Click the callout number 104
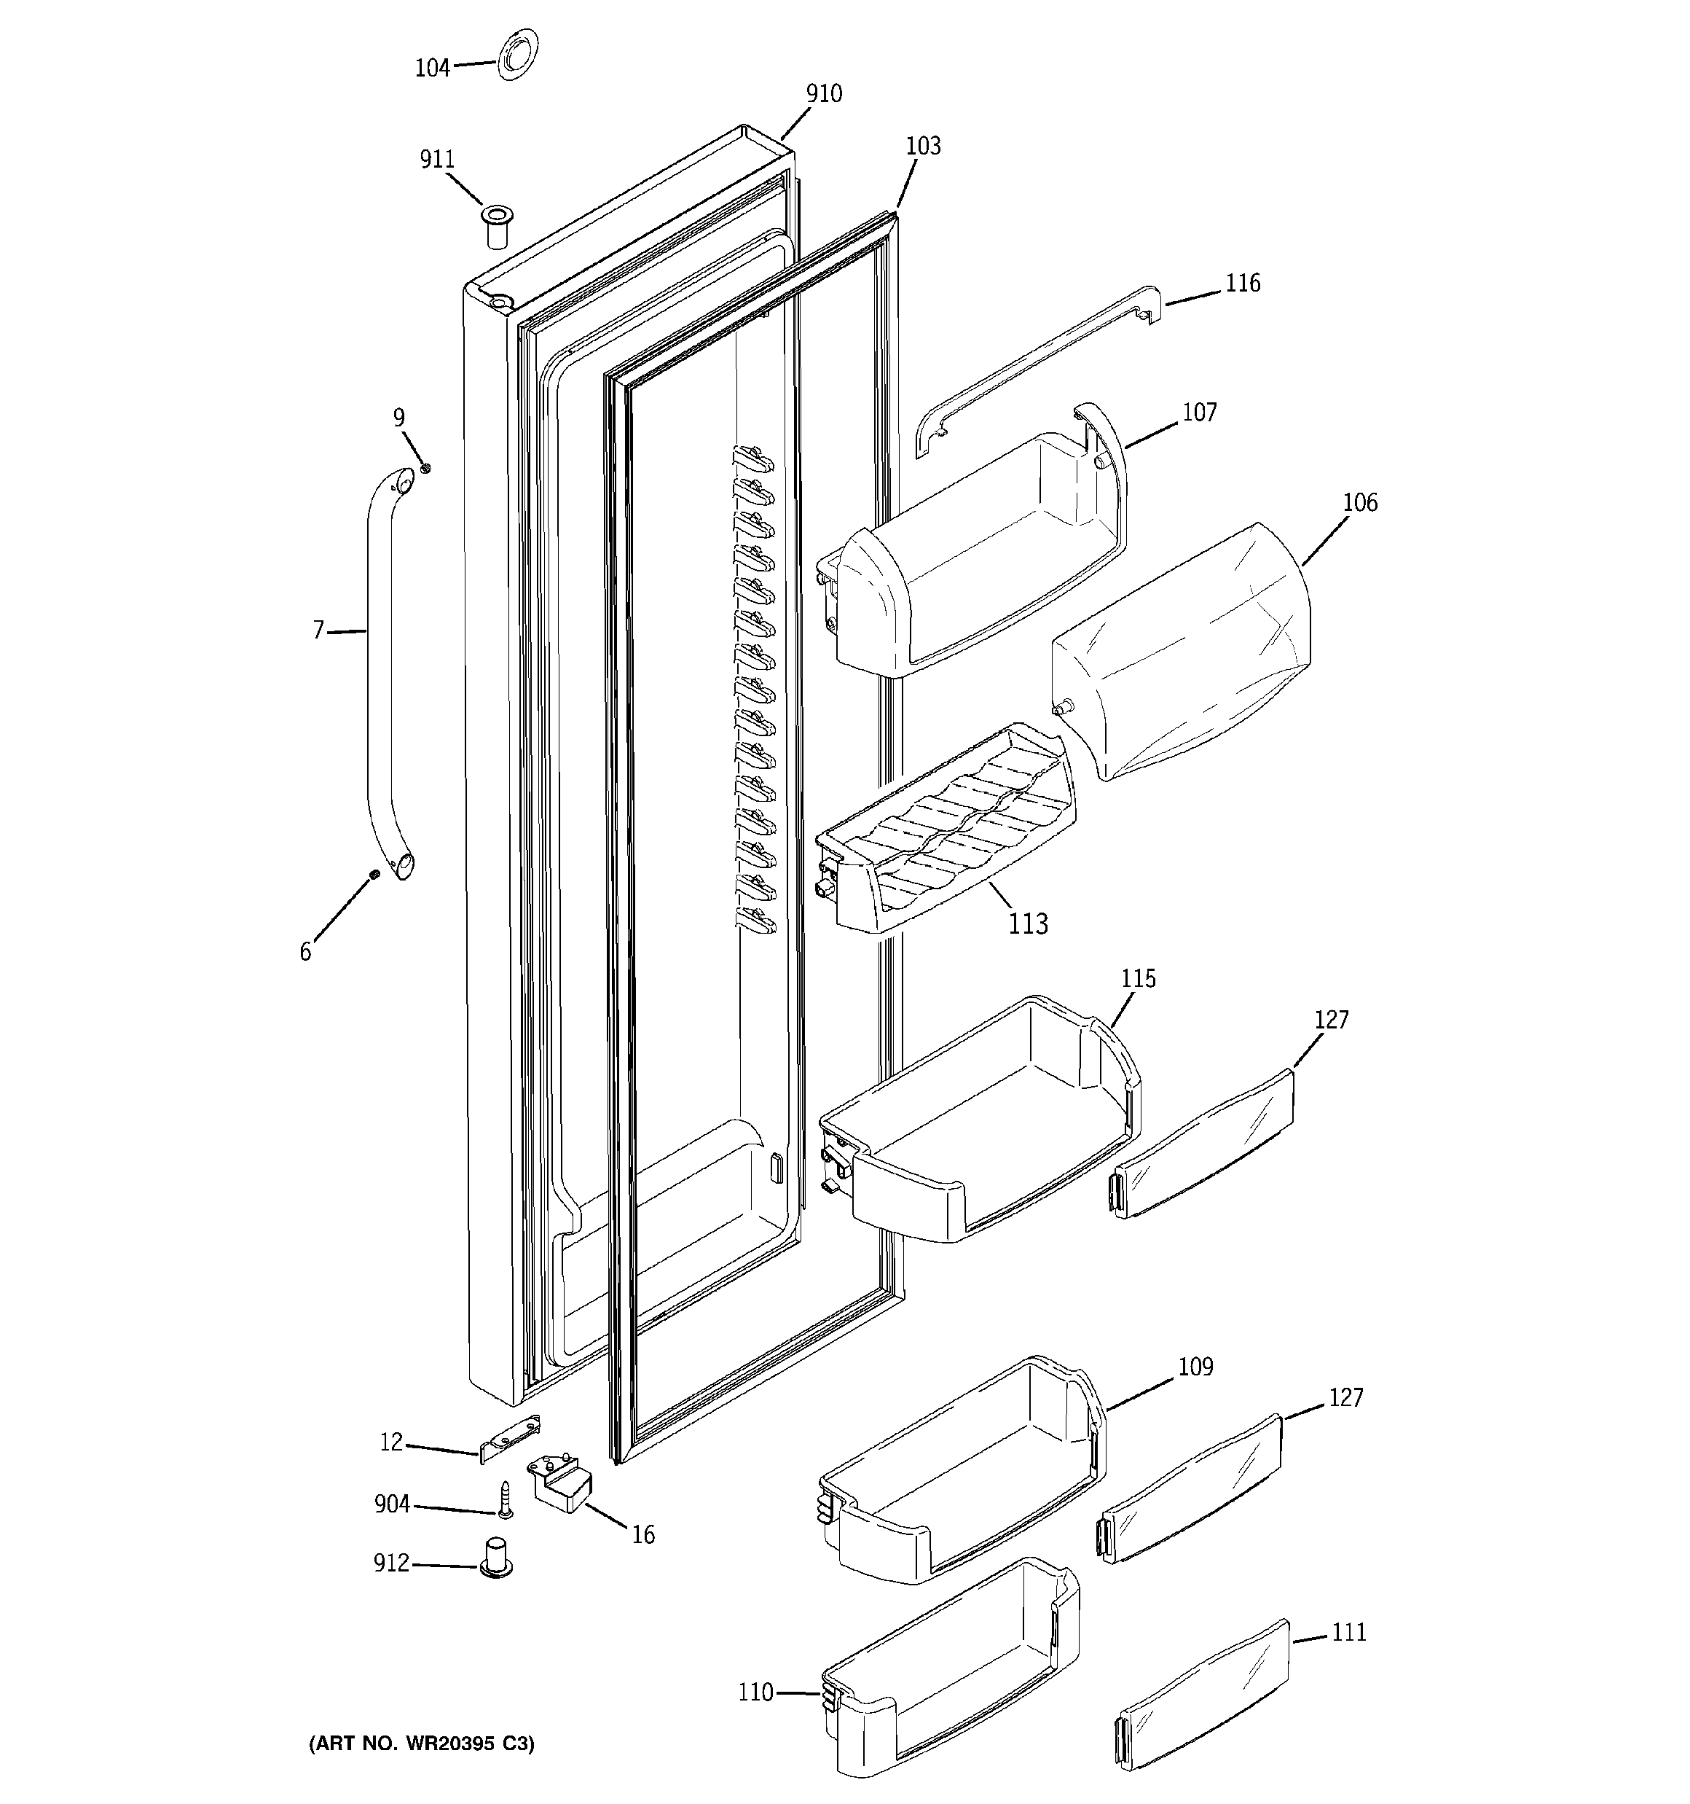pyautogui.click(x=432, y=68)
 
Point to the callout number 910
pyautogui.click(x=824, y=93)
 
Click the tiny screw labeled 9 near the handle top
pyautogui.click(x=425, y=468)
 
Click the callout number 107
pyautogui.click(x=1198, y=413)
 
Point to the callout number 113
pyautogui.click(x=1028, y=924)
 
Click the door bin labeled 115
pyautogui.click(x=980, y=1125)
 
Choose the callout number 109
pyautogui.click(x=1195, y=1367)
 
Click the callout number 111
pyautogui.click(x=1348, y=1633)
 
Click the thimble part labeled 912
pyautogui.click(x=496, y=1559)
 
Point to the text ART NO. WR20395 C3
pyautogui.click(x=422, y=1744)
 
